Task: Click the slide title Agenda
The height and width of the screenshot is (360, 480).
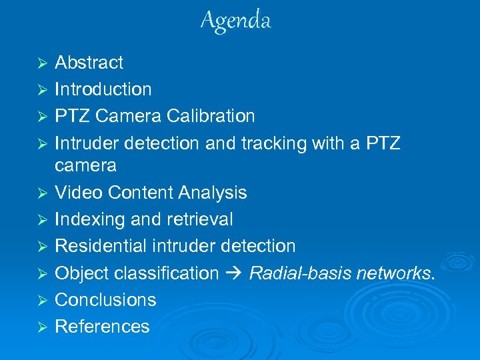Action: pyautogui.click(x=236, y=21)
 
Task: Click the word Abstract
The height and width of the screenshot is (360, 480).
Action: pyautogui.click(x=89, y=63)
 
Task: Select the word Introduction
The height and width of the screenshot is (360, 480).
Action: pyautogui.click(x=103, y=89)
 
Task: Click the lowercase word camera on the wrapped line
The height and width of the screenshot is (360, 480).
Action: pyautogui.click(x=85, y=165)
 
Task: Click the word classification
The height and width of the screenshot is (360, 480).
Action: pyautogui.click(x=167, y=273)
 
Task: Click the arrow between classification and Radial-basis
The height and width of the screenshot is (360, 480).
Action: pyautogui.click(x=234, y=273)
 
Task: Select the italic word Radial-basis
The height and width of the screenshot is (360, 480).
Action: pyautogui.click(x=300, y=273)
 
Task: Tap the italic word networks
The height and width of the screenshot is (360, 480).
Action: pyautogui.click(x=393, y=273)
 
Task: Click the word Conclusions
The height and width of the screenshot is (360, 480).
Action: pyautogui.click(x=105, y=300)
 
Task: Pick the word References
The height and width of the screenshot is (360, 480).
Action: pyautogui.click(x=102, y=327)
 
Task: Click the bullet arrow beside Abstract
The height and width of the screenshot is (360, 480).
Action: pyautogui.click(x=41, y=63)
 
